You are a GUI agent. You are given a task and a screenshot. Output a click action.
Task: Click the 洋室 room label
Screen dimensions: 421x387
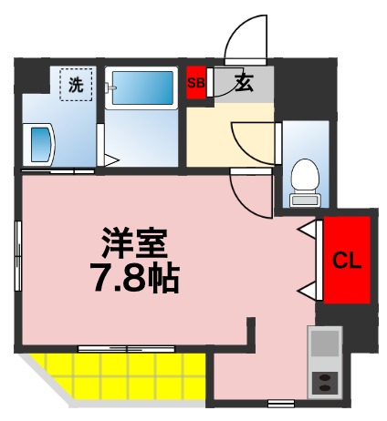pyautogui.click(x=133, y=243)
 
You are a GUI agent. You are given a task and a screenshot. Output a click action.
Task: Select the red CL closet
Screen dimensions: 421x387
pyautogui.click(x=346, y=261)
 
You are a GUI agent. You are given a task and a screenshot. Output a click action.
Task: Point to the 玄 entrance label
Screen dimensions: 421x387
pyautogui.click(x=243, y=84)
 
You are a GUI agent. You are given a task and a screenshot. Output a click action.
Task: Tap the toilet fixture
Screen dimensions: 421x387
pyautogui.click(x=302, y=179)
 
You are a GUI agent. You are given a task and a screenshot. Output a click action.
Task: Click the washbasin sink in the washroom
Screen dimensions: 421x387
pyautogui.click(x=41, y=144)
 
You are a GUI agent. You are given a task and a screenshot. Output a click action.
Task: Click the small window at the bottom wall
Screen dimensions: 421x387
pyautogui.click(x=280, y=402)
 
